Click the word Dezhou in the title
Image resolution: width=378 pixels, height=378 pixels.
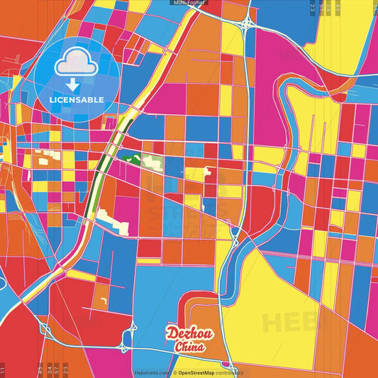tap(185, 334)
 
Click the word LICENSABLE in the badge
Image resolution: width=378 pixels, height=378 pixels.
tap(77, 99)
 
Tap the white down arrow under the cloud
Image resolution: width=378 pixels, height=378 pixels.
tap(73, 84)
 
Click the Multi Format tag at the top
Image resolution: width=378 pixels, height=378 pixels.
tap(189, 3)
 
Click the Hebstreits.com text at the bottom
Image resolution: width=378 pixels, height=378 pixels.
tap(151, 372)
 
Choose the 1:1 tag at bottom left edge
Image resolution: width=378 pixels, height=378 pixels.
tap(3, 370)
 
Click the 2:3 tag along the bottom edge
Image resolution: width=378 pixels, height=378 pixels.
tap(65, 369)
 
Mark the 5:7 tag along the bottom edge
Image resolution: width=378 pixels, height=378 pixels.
tap(56, 369)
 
